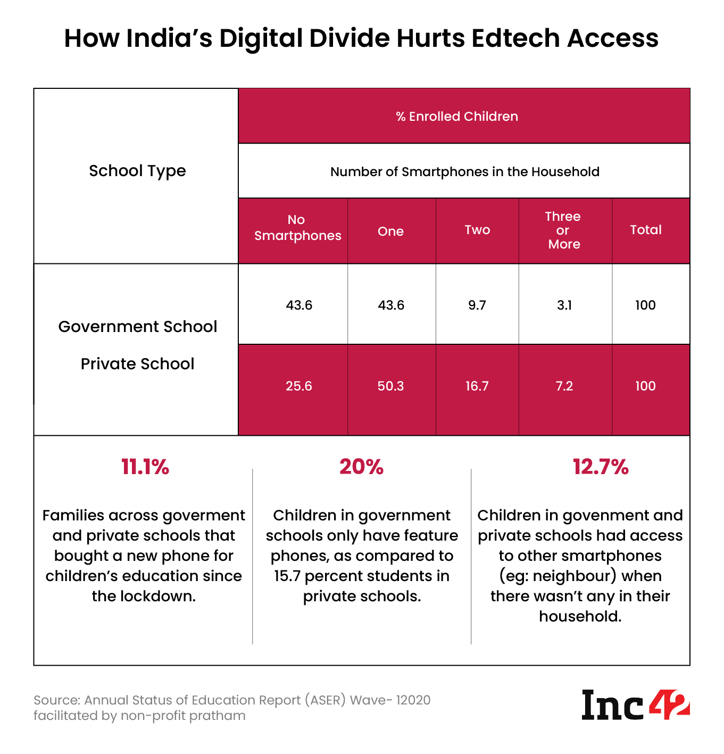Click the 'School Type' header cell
click(x=137, y=171)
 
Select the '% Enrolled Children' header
click(x=457, y=117)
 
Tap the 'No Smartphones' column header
click(x=297, y=228)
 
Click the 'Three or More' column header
click(x=563, y=230)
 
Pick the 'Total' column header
click(x=646, y=230)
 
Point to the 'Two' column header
click(x=477, y=230)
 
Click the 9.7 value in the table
click(x=477, y=305)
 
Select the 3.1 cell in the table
click(x=564, y=305)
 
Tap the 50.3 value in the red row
click(x=390, y=386)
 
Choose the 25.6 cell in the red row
click(x=298, y=386)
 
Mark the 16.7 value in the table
click(x=477, y=386)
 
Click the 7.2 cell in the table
click(x=564, y=386)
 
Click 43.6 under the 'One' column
click(x=390, y=305)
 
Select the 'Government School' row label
click(x=137, y=326)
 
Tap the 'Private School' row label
click(x=137, y=364)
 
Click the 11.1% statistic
click(x=145, y=467)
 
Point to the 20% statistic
click(x=361, y=467)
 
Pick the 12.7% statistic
click(x=601, y=467)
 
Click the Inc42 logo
click(x=635, y=705)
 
